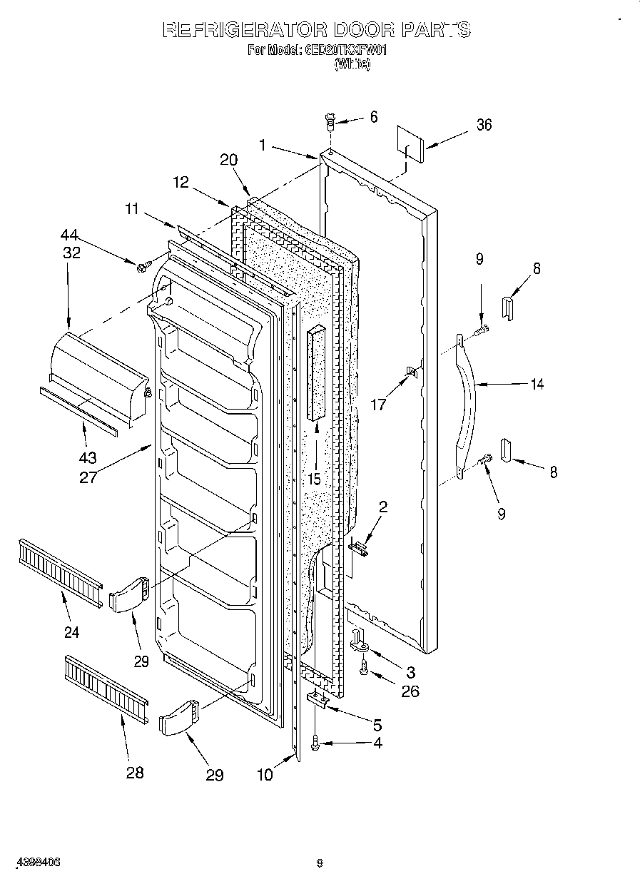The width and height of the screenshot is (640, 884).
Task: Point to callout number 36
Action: click(x=484, y=125)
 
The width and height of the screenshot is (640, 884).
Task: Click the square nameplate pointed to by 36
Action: click(x=412, y=147)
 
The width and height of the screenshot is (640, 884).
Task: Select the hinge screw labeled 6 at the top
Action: click(x=330, y=122)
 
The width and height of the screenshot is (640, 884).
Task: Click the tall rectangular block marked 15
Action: click(x=316, y=375)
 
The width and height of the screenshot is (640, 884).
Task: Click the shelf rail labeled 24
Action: click(x=60, y=571)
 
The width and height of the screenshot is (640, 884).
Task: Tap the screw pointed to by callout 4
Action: click(x=316, y=744)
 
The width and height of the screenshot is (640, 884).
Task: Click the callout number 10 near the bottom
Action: click(x=265, y=775)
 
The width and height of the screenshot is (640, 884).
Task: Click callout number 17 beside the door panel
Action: click(x=378, y=405)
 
